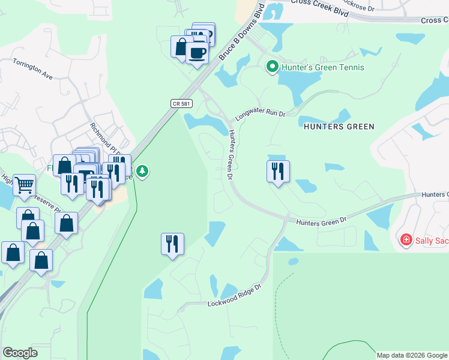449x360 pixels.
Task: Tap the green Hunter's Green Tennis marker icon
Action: pyautogui.click(x=272, y=67)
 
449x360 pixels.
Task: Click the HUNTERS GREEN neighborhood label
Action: pyautogui.click(x=339, y=127)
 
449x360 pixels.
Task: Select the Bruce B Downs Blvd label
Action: pyautogui.click(x=242, y=33)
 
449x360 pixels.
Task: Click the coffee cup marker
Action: pyautogui.click(x=197, y=54)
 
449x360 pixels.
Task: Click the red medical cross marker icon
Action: pyautogui.click(x=406, y=240)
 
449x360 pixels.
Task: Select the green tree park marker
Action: pyautogui.click(x=142, y=172)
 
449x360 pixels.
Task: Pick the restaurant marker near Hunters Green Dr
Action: pyautogui.click(x=278, y=172)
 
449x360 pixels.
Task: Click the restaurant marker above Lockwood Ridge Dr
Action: pyautogui.click(x=172, y=244)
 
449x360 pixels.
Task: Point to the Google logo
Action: pyautogui.click(x=20, y=353)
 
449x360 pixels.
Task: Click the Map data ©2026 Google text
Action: pyautogui.click(x=412, y=355)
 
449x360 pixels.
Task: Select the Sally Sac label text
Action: pyautogui.click(x=432, y=240)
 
